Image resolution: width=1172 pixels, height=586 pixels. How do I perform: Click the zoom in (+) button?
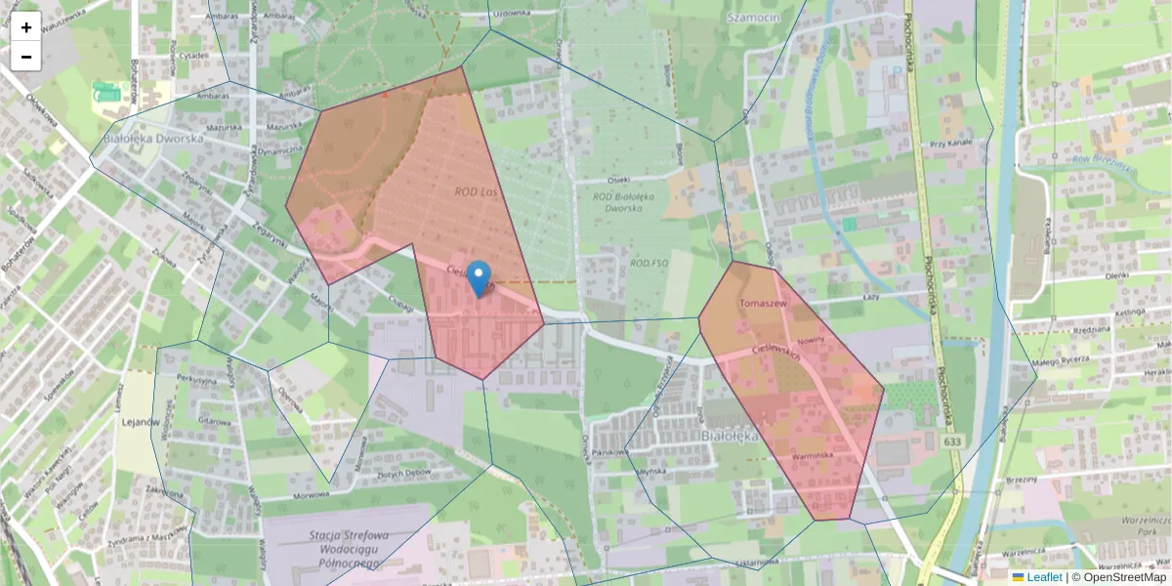[26, 27]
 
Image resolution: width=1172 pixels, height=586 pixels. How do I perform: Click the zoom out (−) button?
[26, 57]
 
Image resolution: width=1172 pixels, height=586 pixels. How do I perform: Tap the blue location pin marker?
[479, 278]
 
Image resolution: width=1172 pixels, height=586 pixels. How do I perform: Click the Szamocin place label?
[753, 17]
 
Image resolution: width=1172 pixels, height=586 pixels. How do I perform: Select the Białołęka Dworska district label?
[152, 139]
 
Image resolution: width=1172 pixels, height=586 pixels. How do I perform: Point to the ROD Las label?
[476, 192]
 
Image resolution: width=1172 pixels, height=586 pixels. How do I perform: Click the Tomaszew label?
[764, 304]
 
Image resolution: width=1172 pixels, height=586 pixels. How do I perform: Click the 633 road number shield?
[952, 442]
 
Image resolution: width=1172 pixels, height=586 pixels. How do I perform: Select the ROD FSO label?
[649, 264]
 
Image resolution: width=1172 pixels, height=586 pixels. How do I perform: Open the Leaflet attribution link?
[1044, 577]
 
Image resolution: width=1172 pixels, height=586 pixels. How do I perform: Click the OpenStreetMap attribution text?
[1119, 577]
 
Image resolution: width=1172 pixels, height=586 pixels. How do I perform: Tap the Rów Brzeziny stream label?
[1101, 161]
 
